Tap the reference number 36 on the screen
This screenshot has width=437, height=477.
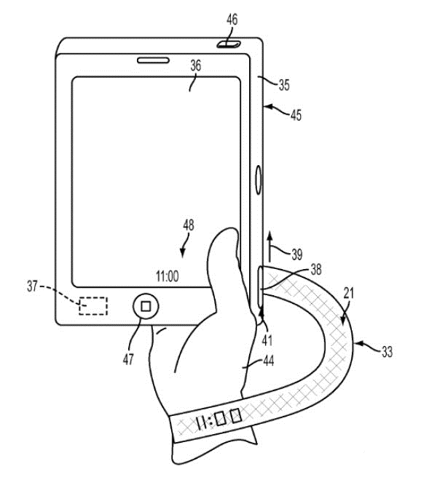[x=195, y=65]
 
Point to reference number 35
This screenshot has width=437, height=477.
[x=283, y=85]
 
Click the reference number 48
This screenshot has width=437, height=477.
[x=189, y=226]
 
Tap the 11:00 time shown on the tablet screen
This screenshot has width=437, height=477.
[x=167, y=276]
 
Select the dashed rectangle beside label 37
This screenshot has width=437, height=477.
[x=92, y=305]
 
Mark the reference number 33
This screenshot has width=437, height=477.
[x=387, y=352]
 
